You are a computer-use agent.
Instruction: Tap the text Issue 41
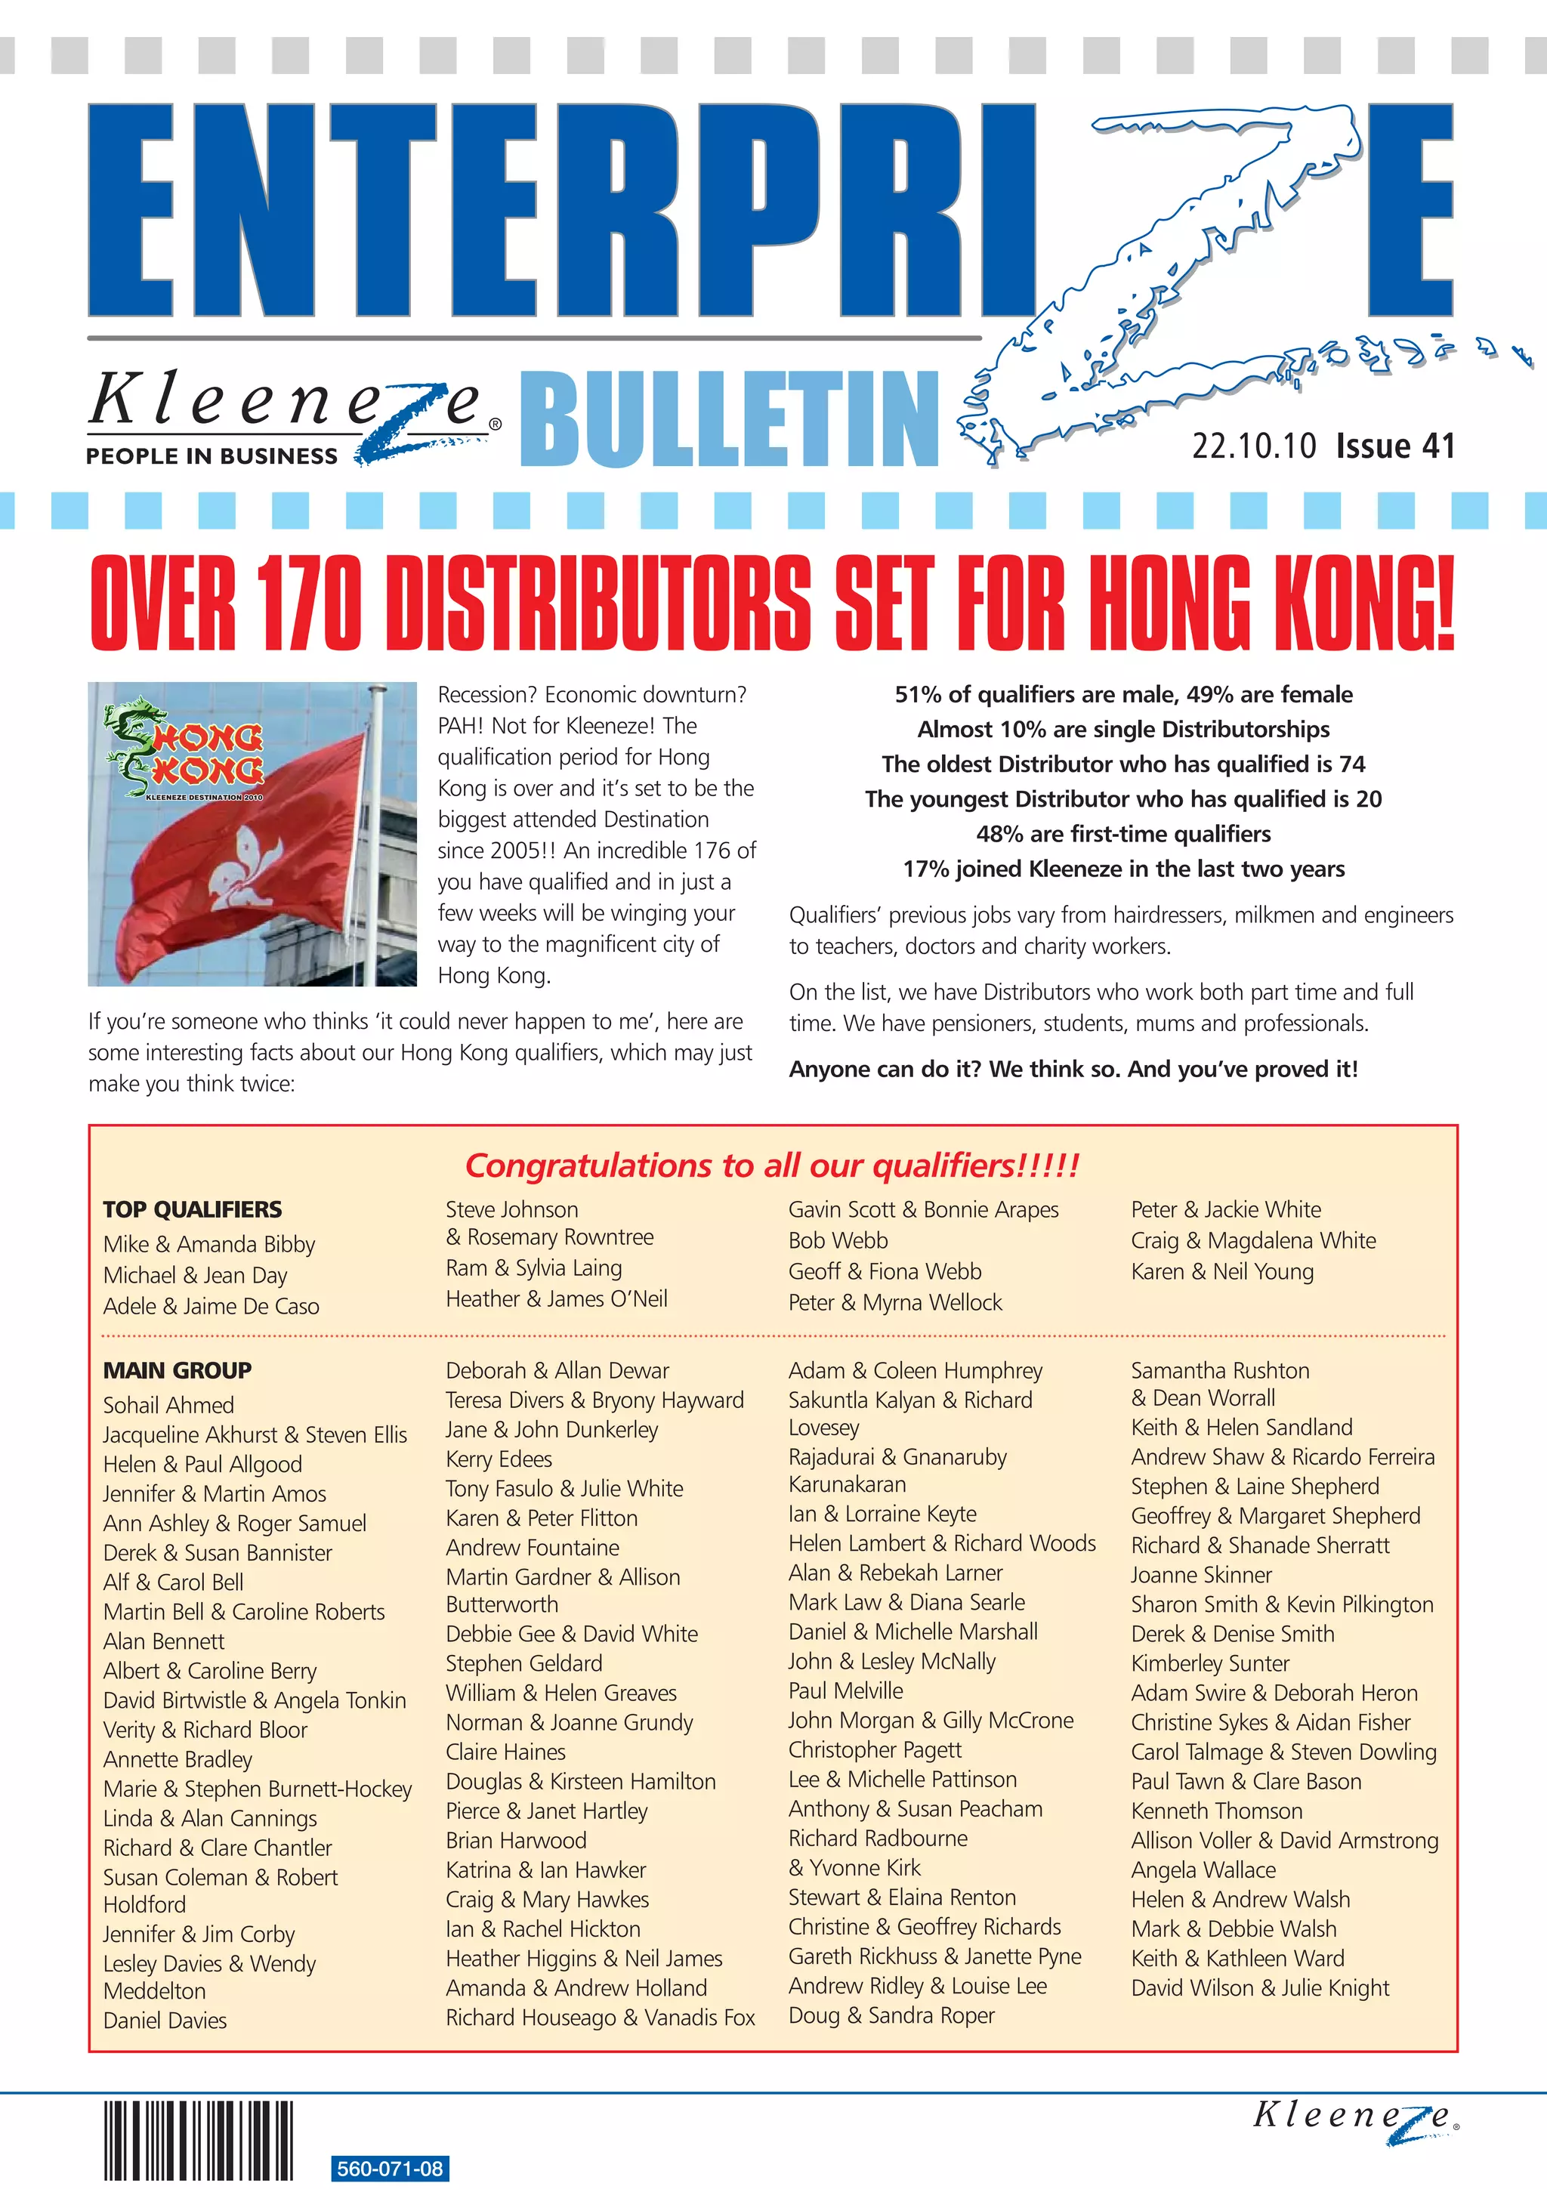(1394, 446)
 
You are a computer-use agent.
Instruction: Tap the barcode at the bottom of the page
(198, 2141)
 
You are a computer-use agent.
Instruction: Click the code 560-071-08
(390, 2168)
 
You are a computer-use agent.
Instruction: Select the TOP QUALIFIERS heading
(193, 1209)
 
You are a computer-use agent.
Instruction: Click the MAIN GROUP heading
(178, 1370)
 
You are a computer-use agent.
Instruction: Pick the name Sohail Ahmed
(168, 1404)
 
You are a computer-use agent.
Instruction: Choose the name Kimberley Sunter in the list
(1209, 1663)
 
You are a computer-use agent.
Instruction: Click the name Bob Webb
(838, 1240)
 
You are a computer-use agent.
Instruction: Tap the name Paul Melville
(845, 1690)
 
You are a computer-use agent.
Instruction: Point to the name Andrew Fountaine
(532, 1548)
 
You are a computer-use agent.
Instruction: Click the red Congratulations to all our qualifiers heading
(772, 1165)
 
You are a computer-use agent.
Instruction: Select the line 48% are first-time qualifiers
(1122, 833)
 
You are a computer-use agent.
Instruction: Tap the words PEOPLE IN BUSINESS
(212, 455)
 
